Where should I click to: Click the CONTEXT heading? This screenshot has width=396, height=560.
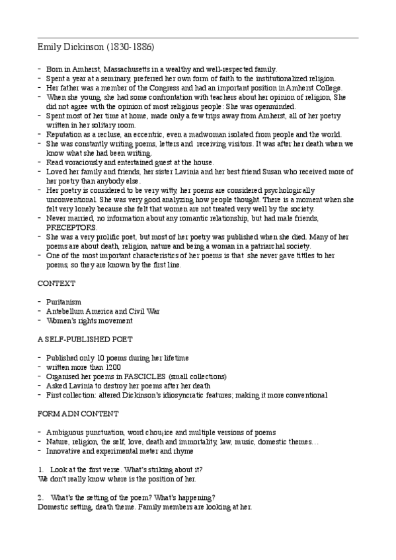[x=56, y=282]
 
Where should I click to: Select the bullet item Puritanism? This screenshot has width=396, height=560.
[x=64, y=301]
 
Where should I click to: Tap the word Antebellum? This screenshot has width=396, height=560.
[x=69, y=310]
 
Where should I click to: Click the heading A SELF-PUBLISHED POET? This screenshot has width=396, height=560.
[x=85, y=339]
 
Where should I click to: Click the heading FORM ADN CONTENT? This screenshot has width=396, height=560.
[x=78, y=413]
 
